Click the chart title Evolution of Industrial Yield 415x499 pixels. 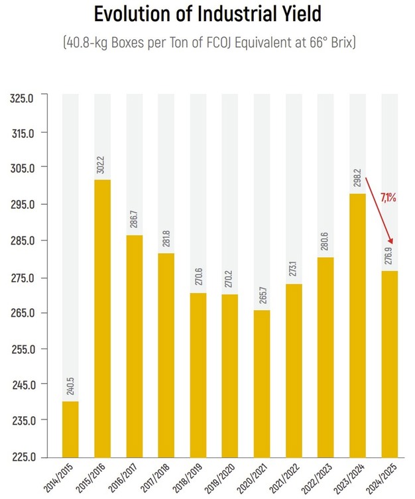coord(207,15)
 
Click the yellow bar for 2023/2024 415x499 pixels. coord(357,325)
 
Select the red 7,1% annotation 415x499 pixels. coord(388,197)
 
